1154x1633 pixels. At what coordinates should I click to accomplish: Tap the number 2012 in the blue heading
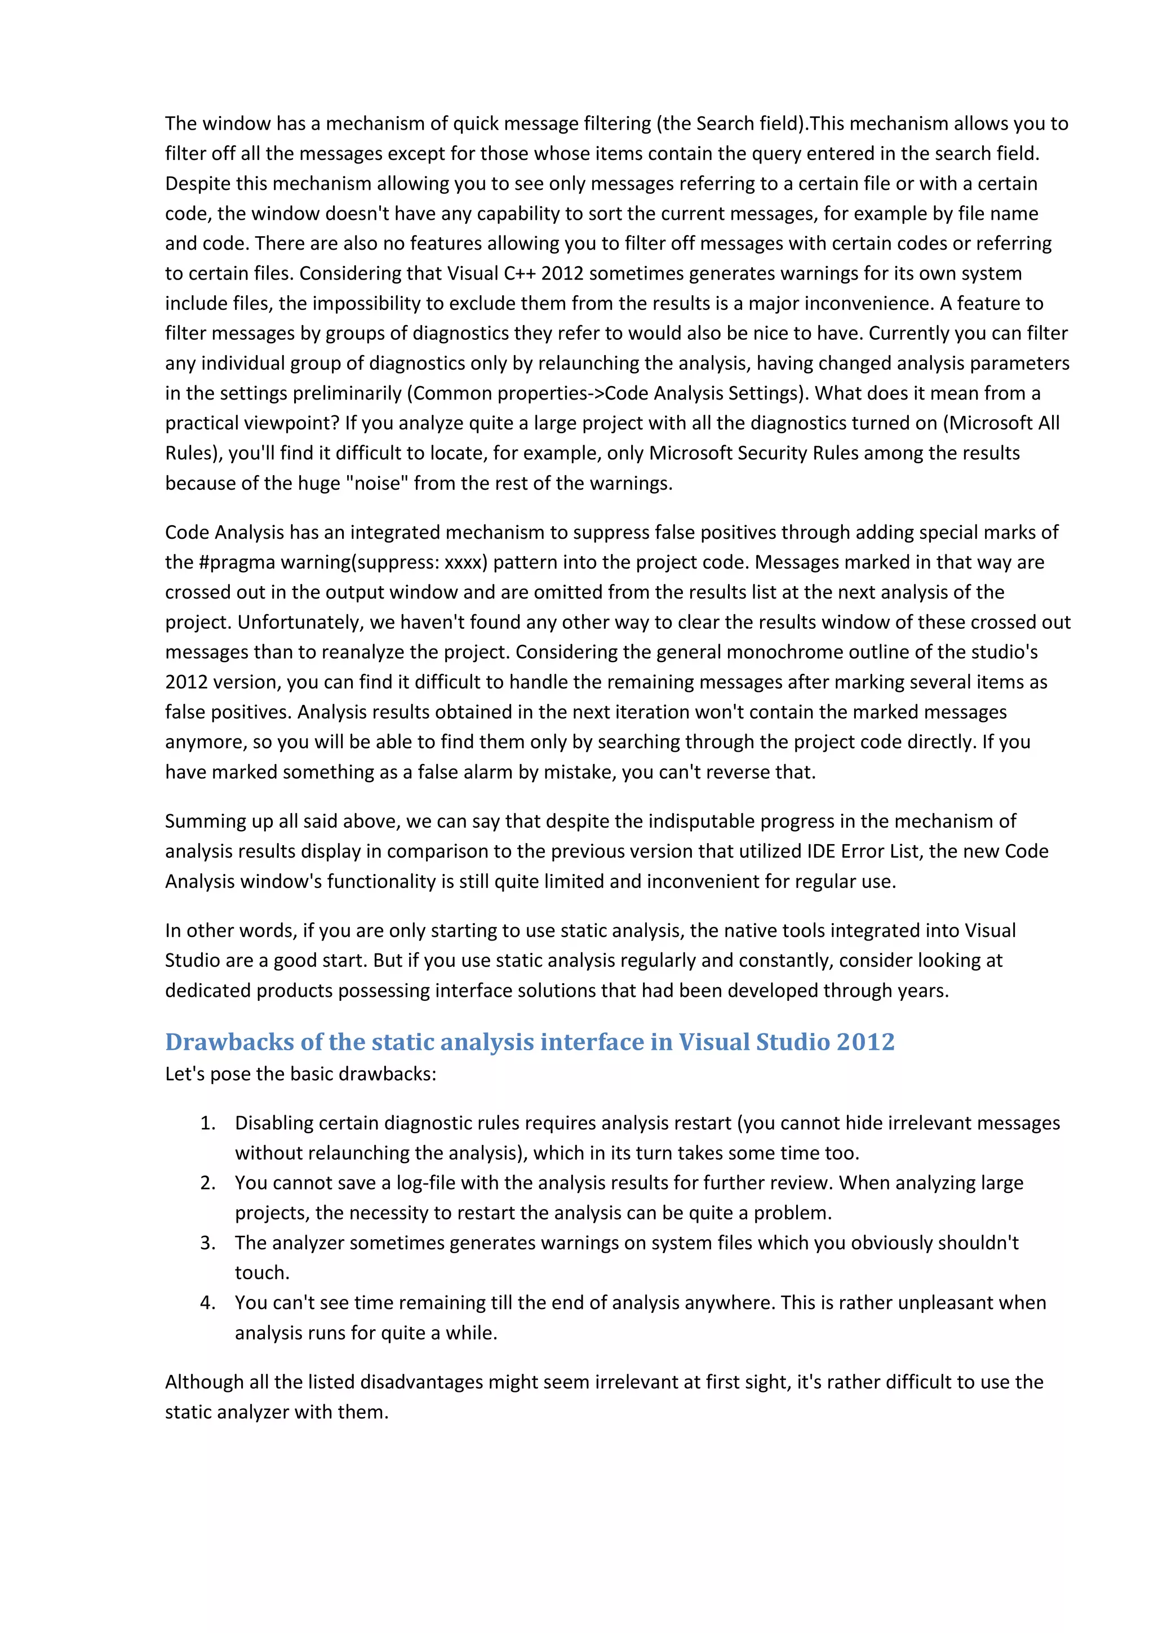point(865,1042)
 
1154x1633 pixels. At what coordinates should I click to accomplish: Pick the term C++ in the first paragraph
point(521,274)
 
